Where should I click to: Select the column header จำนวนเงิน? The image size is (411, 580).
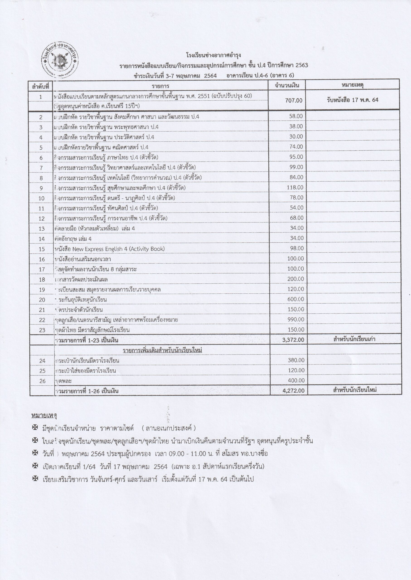point(287,85)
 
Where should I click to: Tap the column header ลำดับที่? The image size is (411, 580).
point(41,87)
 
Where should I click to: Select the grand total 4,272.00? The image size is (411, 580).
point(293,391)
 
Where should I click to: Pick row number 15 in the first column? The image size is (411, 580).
point(42,249)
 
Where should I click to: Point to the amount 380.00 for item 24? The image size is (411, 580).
point(296,360)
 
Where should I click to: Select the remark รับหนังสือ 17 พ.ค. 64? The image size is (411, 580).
point(352,100)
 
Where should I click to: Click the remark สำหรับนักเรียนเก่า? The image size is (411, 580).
point(354,339)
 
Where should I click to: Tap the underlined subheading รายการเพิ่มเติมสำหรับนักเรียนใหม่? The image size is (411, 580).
point(162,350)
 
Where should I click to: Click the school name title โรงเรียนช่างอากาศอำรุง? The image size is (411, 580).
point(213,55)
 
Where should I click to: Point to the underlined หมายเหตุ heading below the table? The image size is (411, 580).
point(44,416)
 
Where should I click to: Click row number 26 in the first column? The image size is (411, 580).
point(42,381)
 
